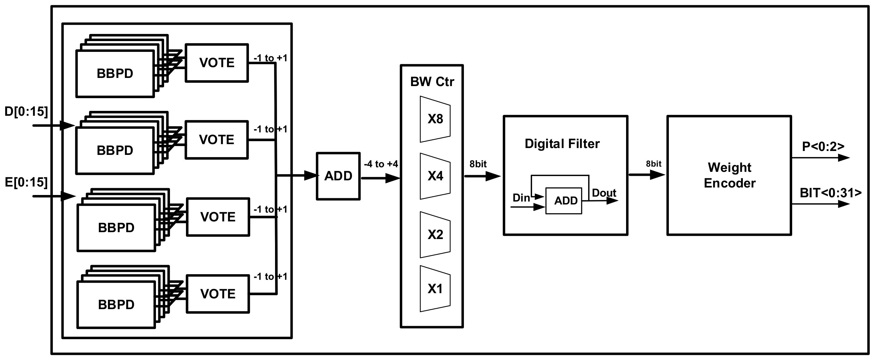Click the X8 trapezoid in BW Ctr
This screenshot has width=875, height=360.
(x=435, y=119)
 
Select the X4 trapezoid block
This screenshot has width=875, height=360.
(x=435, y=176)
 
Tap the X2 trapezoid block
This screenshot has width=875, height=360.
(x=435, y=235)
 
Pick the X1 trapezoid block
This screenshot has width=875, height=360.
(x=435, y=289)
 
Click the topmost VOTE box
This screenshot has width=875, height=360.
(x=217, y=63)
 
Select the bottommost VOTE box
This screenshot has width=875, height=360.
(x=218, y=294)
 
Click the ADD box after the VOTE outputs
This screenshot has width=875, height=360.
(x=338, y=176)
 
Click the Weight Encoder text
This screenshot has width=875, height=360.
(x=729, y=175)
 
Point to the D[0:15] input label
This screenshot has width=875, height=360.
(x=26, y=112)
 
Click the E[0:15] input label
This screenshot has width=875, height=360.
(x=26, y=182)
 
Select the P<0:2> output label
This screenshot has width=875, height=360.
(x=823, y=147)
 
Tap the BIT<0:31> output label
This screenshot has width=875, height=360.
(x=831, y=193)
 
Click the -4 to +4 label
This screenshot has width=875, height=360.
(x=381, y=164)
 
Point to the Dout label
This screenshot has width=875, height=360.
(x=604, y=193)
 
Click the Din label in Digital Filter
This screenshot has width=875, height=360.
(x=521, y=198)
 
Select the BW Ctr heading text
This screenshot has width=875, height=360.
(x=432, y=82)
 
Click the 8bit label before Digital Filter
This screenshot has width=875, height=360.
(x=478, y=164)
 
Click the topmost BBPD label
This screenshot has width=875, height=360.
(x=115, y=74)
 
